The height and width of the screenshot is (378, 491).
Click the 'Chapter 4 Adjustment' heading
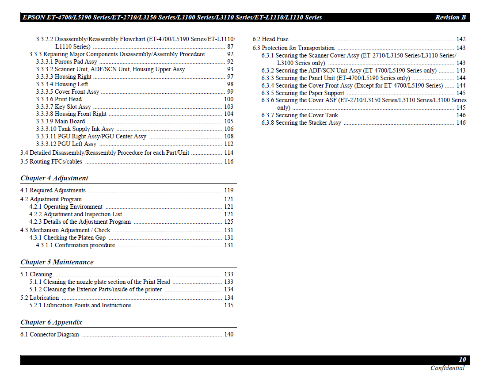(54, 178)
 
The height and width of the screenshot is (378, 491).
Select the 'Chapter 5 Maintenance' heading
(57, 262)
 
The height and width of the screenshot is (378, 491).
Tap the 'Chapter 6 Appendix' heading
(51, 322)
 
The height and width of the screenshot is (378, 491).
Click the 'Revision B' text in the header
(450, 18)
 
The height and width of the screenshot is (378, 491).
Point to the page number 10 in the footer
(462, 360)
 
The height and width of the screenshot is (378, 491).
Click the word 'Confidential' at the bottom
(447, 368)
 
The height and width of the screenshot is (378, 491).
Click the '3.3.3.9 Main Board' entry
(61, 121)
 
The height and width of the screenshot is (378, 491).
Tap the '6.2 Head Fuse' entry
(270, 39)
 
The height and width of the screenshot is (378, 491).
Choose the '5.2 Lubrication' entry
(39, 298)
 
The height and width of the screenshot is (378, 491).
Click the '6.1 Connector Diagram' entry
(49, 334)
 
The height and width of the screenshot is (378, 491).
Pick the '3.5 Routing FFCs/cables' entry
(51, 161)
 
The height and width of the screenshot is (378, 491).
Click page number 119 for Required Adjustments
(228, 190)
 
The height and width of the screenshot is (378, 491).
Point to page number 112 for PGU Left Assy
(228, 144)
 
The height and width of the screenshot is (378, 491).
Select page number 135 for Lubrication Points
(228, 305)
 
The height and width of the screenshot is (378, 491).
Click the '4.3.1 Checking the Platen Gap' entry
(68, 237)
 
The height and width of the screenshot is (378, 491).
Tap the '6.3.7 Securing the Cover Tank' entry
(300, 115)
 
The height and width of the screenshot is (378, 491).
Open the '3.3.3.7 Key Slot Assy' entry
(64, 107)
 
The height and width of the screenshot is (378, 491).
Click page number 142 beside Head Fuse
(461, 39)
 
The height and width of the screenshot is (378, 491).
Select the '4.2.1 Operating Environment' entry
(66, 206)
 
